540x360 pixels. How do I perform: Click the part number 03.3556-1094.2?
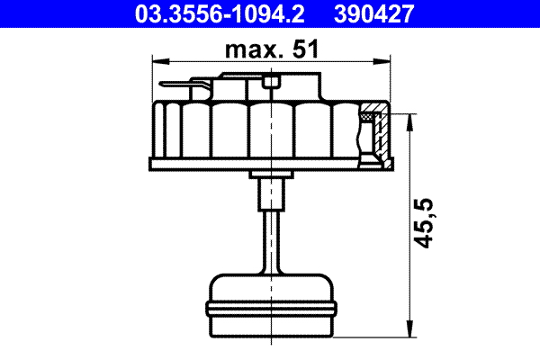[210, 13]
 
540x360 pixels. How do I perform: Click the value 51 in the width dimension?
[306, 52]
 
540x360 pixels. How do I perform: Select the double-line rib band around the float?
[271, 309]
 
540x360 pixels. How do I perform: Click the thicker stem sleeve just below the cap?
[271, 192]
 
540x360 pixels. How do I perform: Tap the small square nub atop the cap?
[274, 84]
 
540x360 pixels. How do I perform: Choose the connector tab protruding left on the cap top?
[180, 86]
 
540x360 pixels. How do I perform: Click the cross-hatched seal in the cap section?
[370, 116]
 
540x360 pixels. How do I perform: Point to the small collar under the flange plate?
[271, 174]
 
